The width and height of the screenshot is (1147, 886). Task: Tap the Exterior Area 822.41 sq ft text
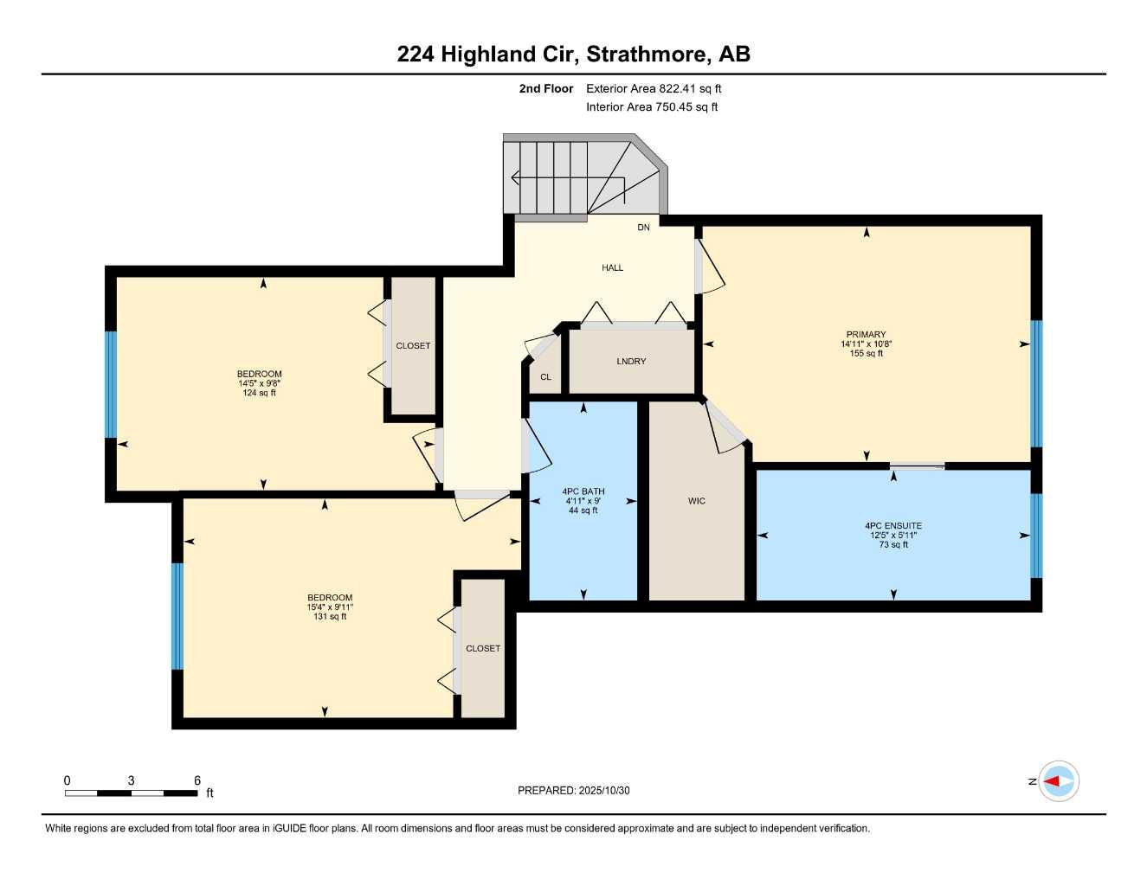654,88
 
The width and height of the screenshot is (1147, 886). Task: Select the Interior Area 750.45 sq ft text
652,107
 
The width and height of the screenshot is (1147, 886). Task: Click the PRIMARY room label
866,335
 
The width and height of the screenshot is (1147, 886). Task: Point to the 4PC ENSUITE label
893,526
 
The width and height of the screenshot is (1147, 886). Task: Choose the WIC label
697,501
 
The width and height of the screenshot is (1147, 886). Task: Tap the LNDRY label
631,362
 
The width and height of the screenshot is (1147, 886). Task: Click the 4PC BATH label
583,491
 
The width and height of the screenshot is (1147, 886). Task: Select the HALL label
613,268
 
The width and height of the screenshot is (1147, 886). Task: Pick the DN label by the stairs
643,228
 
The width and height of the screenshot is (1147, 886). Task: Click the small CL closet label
545,377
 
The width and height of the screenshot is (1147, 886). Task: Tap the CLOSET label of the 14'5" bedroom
413,346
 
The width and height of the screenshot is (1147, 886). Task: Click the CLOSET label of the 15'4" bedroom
483,649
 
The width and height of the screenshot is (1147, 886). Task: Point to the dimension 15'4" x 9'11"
330,607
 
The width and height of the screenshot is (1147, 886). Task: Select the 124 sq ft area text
260,394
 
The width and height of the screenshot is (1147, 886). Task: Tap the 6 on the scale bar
197,780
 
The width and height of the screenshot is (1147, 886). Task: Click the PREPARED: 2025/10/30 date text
574,791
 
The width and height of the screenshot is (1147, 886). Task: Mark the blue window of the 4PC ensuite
1036,535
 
